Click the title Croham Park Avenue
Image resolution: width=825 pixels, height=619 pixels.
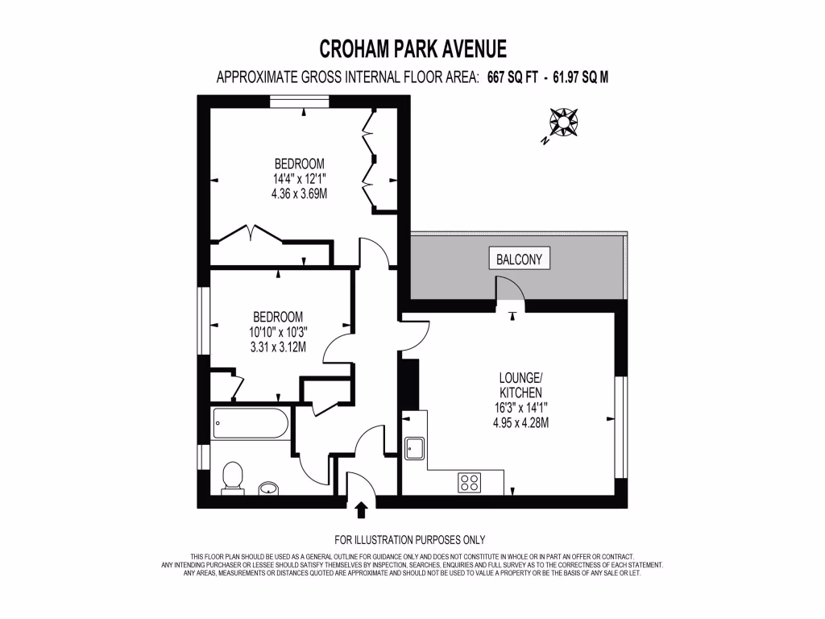click(412, 49)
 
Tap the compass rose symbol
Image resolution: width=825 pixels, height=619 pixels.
click(563, 123)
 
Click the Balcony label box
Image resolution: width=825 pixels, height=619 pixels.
click(520, 259)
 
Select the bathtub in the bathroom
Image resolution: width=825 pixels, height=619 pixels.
click(251, 423)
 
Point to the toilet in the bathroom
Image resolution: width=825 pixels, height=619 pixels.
click(232, 475)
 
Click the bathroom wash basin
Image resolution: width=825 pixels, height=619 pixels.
click(269, 487)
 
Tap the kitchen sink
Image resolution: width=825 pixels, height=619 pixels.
click(415, 447)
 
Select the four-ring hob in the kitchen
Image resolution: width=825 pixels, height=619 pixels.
click(469, 483)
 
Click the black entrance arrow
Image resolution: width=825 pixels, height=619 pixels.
click(361, 509)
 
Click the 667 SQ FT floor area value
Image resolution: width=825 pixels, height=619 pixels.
click(511, 77)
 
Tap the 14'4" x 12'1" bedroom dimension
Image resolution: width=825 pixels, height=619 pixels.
click(299, 180)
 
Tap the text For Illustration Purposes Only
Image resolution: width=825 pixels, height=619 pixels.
click(409, 540)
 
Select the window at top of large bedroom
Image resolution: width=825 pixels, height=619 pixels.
click(299, 101)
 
